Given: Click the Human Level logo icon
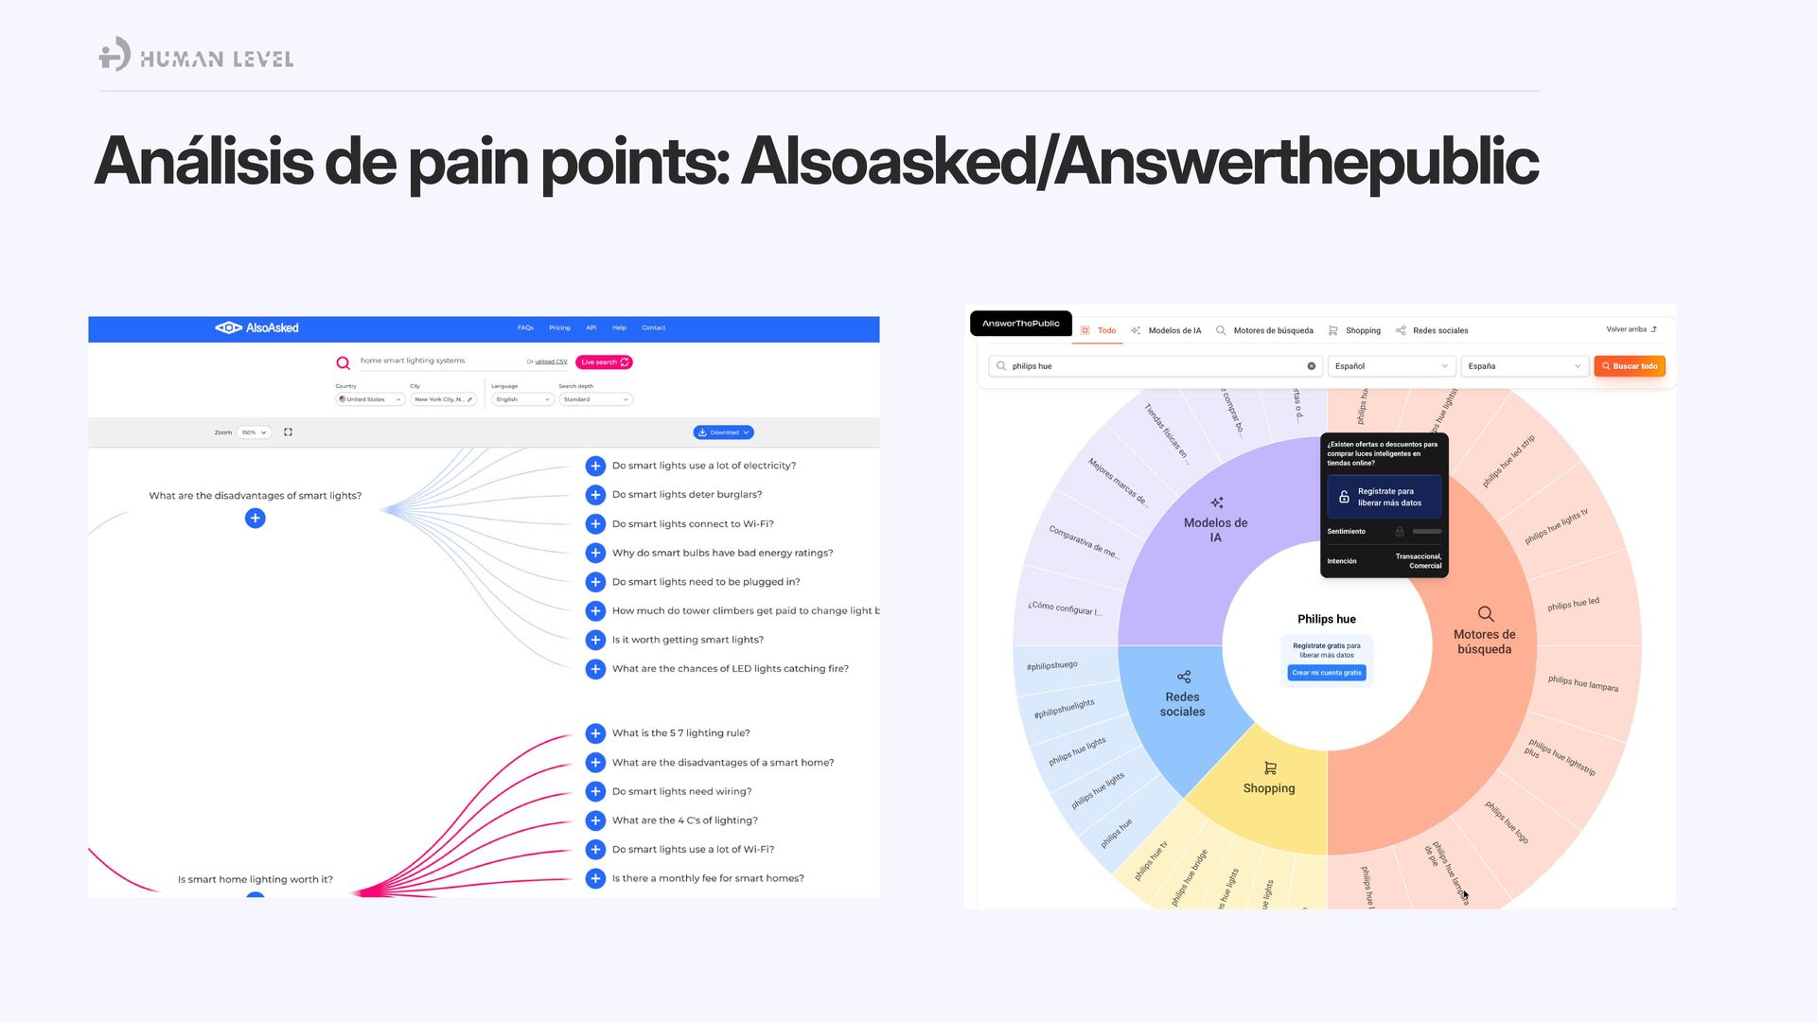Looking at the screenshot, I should click(115, 55).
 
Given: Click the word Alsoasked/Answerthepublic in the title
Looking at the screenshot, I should click(1139, 162).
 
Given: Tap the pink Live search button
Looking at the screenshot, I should click(604, 362).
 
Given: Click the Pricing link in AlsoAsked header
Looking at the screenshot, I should click(559, 328).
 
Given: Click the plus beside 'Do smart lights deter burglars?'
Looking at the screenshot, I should click(595, 495).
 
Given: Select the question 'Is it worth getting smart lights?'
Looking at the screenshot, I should click(687, 641).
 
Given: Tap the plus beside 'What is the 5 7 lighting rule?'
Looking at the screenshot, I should click(595, 733).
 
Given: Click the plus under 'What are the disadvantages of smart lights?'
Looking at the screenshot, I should click(255, 519).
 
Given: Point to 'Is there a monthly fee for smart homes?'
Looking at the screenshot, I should click(708, 879).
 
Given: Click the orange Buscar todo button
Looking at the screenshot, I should click(1629, 366).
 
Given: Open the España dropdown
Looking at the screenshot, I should click(1524, 366).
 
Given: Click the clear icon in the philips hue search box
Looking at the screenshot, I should click(1312, 366).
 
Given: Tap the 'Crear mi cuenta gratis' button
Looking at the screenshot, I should click(1327, 674).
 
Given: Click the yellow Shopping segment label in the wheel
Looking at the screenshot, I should click(1269, 788).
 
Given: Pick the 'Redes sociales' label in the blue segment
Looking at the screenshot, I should click(1183, 704).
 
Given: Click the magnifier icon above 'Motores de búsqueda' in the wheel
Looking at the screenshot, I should click(1486, 614).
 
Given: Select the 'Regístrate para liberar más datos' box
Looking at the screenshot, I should click(1384, 498).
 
